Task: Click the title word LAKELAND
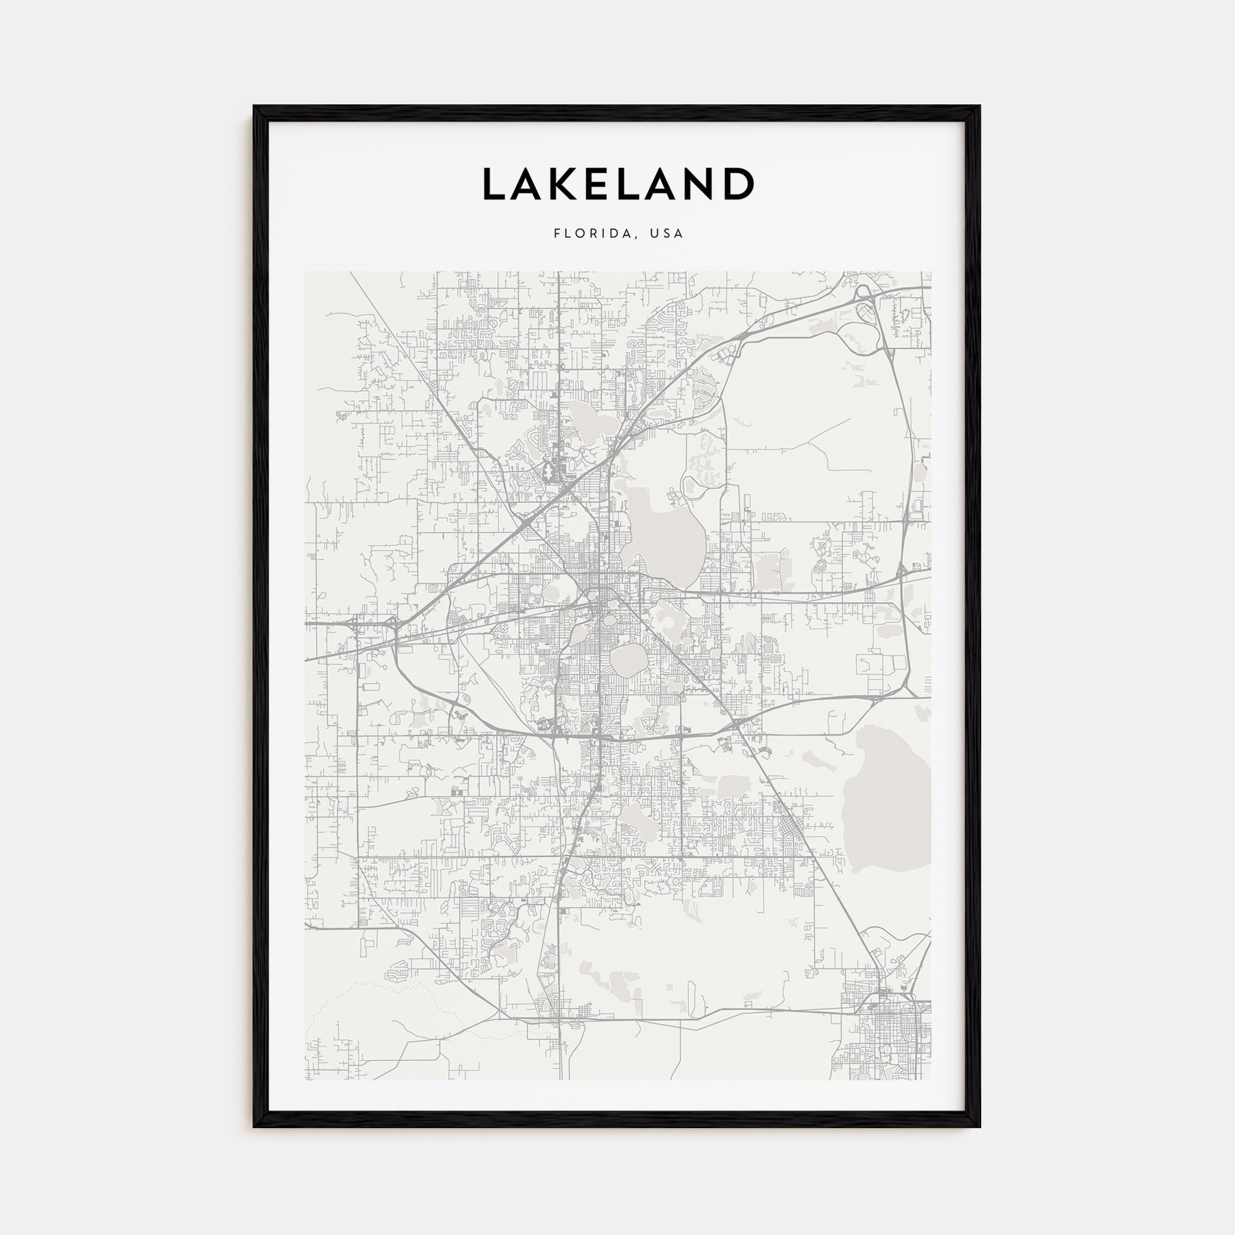pyautogui.click(x=617, y=184)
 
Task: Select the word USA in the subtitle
pyautogui.click(x=666, y=233)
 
